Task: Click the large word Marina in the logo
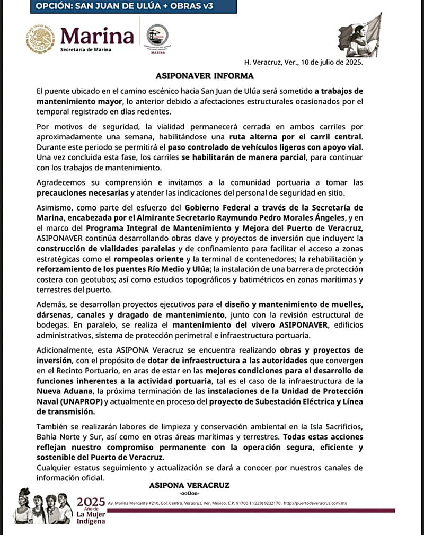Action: click(x=97, y=36)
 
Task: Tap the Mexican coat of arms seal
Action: click(x=40, y=39)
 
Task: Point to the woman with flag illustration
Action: click(x=360, y=36)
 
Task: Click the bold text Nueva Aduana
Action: click(x=61, y=391)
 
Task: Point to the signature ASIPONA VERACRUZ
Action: click(x=189, y=485)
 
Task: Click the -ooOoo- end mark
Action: click(x=189, y=493)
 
